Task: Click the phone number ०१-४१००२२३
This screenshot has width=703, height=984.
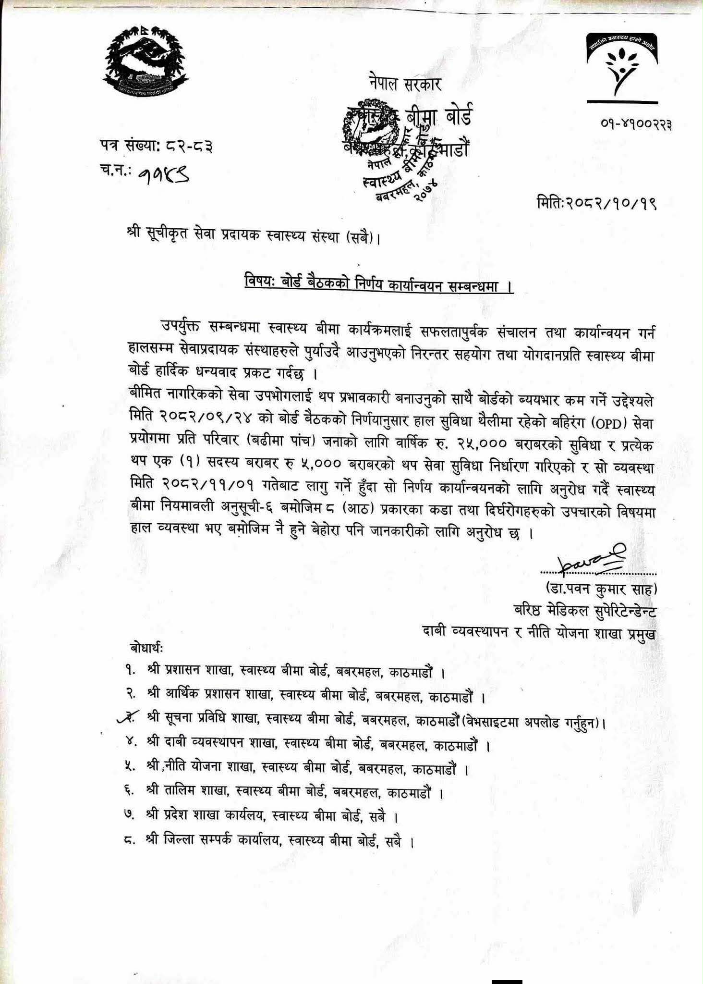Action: (x=636, y=124)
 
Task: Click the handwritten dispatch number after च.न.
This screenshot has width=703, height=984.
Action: (x=163, y=179)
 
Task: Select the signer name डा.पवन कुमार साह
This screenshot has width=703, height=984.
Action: (x=600, y=589)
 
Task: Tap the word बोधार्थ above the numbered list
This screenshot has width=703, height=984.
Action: (x=146, y=649)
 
